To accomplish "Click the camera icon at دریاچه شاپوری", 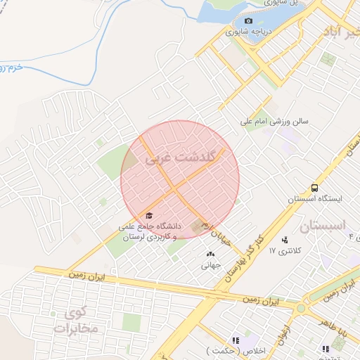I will coord(247,20).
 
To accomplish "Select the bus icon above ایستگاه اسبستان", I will coord(314,188).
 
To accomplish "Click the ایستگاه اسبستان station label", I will coord(314,199).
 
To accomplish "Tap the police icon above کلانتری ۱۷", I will coord(285,240).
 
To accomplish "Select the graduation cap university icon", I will coord(148,215).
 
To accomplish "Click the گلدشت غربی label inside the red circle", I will coord(180,159).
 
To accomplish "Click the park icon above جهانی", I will coord(210,254).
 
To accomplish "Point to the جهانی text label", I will coord(210,265).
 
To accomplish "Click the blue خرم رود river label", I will coord(11,67).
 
